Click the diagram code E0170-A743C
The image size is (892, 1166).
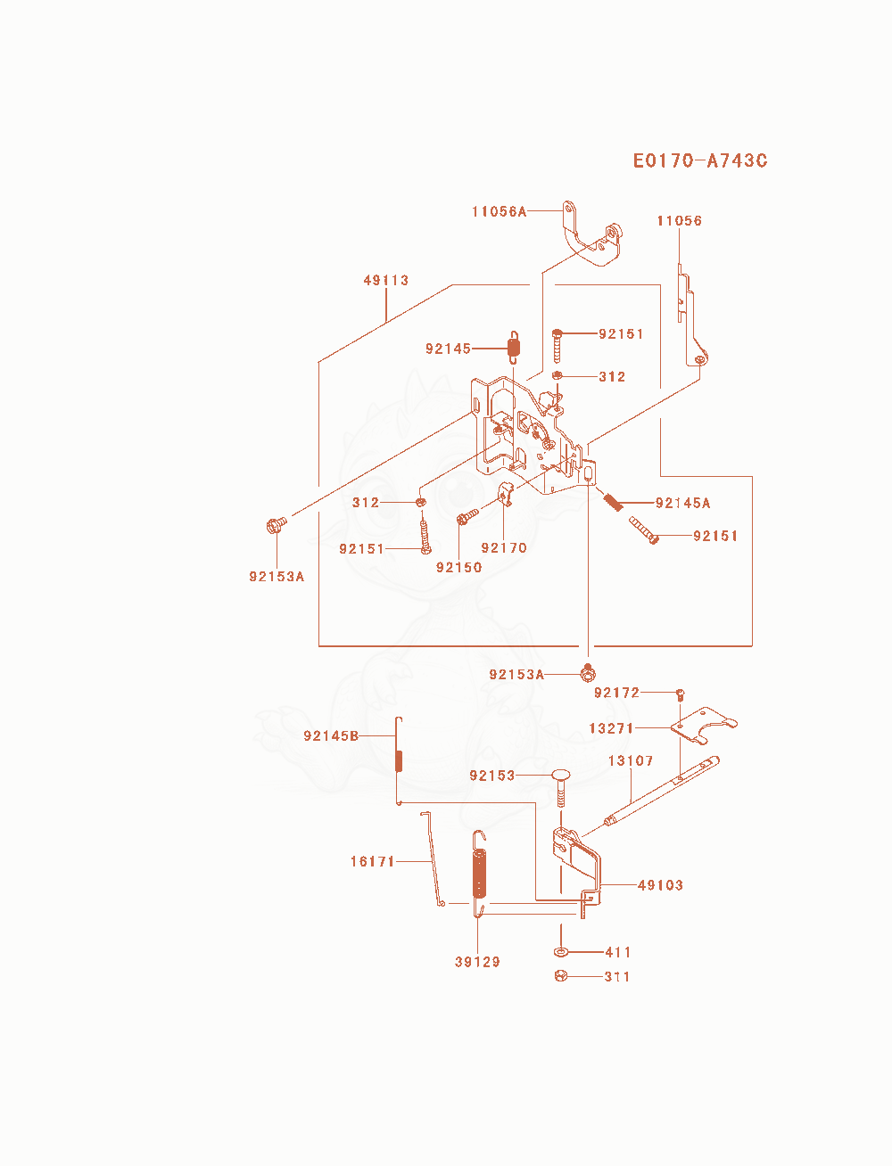pyautogui.click(x=699, y=160)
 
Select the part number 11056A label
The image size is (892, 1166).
pyautogui.click(x=499, y=211)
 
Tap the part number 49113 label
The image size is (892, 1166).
pyautogui.click(x=386, y=280)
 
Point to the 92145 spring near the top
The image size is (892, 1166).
pyautogui.click(x=514, y=348)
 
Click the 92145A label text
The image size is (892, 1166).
pyautogui.click(x=682, y=503)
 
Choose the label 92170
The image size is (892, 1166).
pyautogui.click(x=503, y=547)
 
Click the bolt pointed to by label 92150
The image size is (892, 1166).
pyautogui.click(x=467, y=516)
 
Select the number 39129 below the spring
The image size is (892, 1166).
pyautogui.click(x=477, y=962)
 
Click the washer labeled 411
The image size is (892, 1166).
pyautogui.click(x=560, y=952)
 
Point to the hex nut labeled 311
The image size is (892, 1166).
pyautogui.click(x=560, y=976)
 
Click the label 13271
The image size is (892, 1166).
pyautogui.click(x=611, y=727)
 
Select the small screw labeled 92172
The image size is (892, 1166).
pyautogui.click(x=680, y=694)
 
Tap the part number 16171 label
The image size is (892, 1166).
pyautogui.click(x=372, y=861)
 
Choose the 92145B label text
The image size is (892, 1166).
pyautogui.click(x=331, y=735)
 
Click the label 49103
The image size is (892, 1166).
pyautogui.click(x=660, y=885)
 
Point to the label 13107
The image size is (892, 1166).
pyautogui.click(x=631, y=760)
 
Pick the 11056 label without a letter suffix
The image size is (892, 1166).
pyautogui.click(x=679, y=220)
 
